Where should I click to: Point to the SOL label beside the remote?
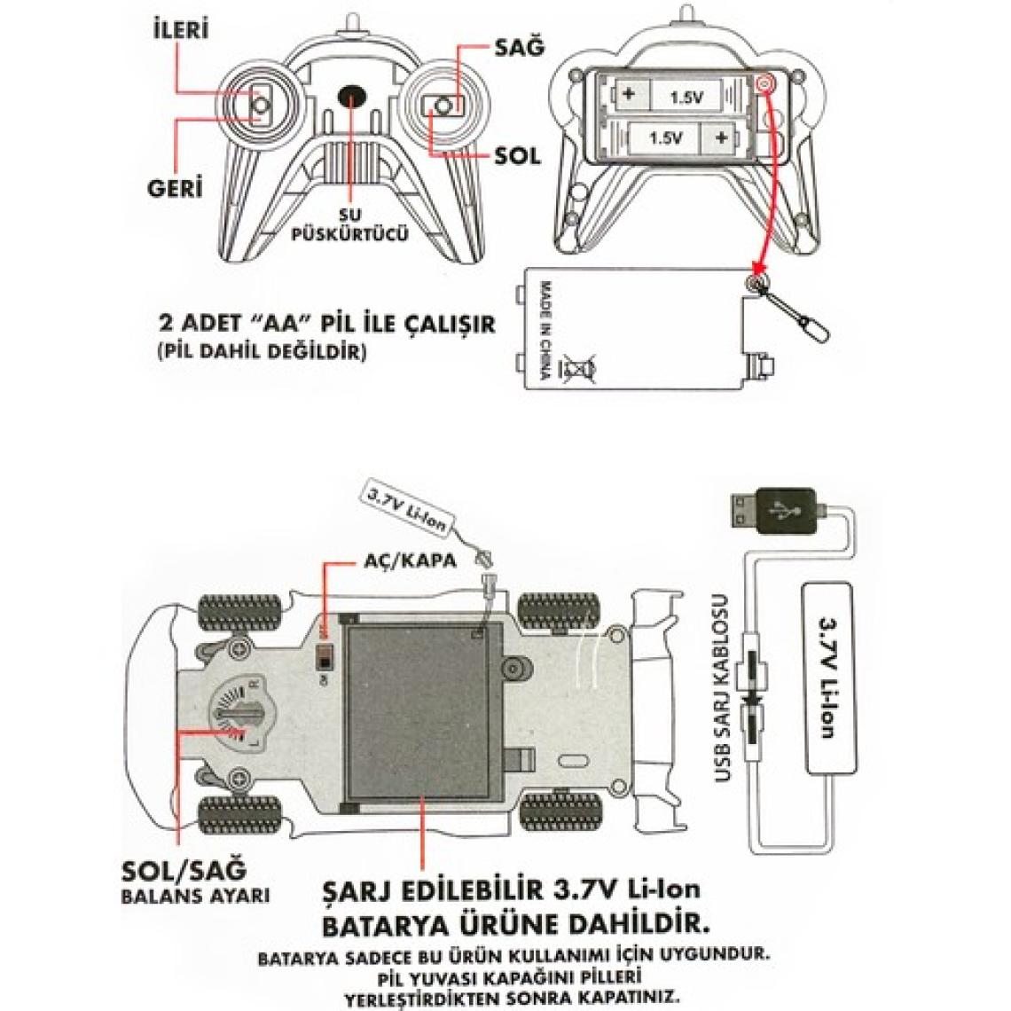coord(517,155)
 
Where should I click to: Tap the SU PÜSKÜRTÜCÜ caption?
coord(352,227)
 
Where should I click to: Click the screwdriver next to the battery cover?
coord(794,313)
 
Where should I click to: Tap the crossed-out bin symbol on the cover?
coord(577,367)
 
